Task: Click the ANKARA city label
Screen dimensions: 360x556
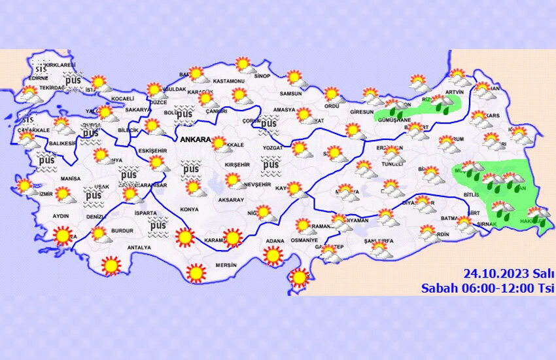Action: [194, 139]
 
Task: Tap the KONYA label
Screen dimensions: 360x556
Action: [189, 210]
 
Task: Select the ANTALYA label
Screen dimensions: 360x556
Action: [139, 247]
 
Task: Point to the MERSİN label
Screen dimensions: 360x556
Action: [215, 266]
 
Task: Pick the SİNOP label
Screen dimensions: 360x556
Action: [262, 76]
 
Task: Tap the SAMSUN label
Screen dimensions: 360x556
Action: [290, 94]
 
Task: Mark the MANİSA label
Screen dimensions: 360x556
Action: [69, 179]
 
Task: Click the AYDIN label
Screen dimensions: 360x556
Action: [60, 216]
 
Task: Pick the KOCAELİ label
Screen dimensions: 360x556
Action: [122, 99]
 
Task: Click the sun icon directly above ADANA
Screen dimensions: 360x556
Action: [274, 255]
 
